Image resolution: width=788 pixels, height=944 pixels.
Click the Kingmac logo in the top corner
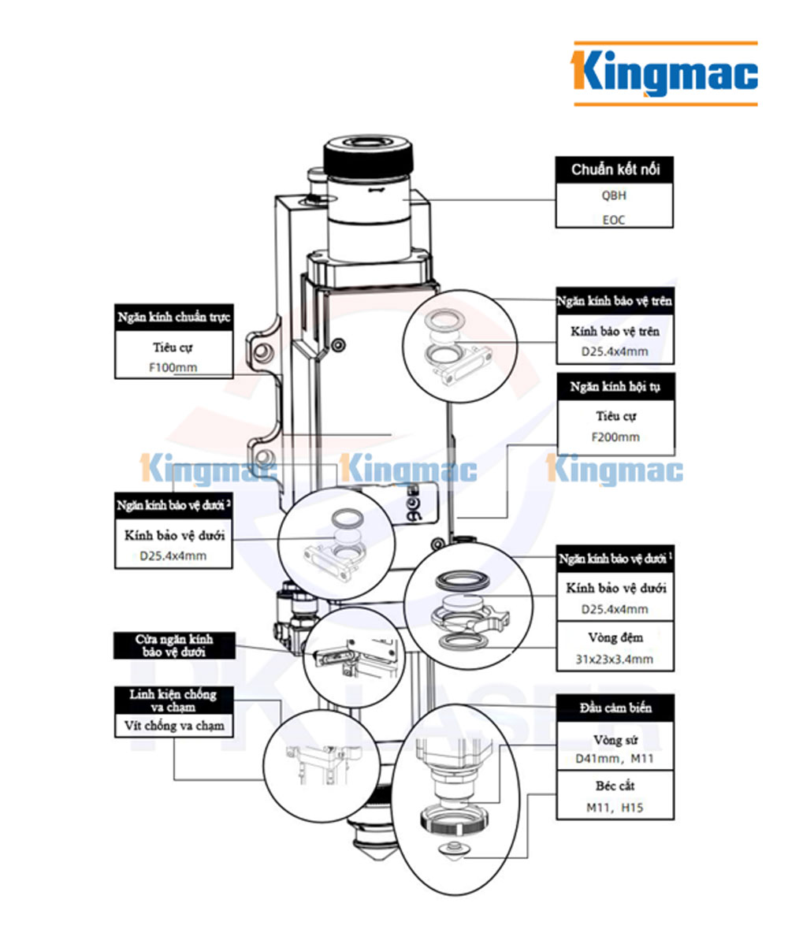click(665, 73)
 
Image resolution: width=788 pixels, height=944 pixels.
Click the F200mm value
click(615, 437)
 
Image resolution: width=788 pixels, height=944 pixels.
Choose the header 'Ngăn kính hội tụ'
click(615, 387)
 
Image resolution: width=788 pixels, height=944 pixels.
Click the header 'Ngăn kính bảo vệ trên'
click(615, 302)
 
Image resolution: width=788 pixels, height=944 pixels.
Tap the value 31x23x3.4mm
click(615, 659)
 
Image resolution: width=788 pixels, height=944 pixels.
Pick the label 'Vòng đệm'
click(615, 637)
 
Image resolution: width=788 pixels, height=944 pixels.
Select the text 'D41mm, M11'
click(615, 760)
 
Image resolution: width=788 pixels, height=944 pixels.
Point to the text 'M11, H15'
click(615, 808)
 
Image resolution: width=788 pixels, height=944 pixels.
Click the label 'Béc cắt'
click(615, 786)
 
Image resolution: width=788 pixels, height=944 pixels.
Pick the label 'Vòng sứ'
click(615, 740)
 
